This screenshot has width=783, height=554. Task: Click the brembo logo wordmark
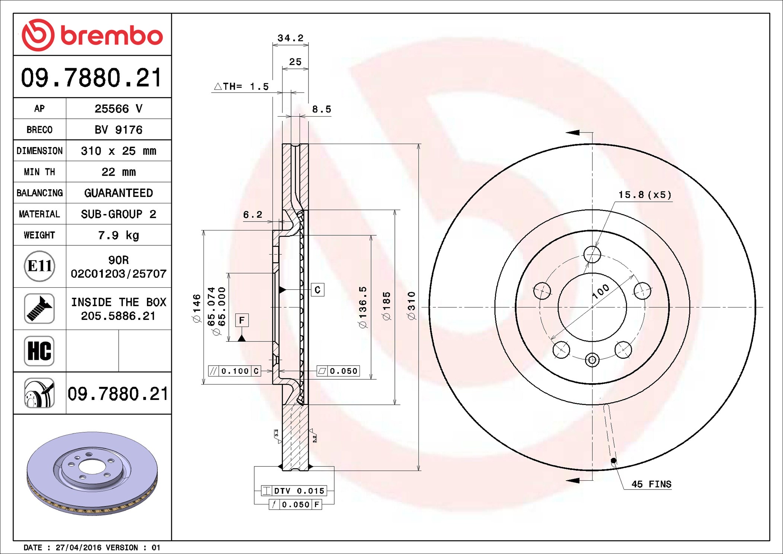coord(112,36)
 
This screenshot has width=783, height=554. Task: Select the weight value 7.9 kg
coord(118,235)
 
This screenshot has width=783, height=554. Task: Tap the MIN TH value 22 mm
coord(118,172)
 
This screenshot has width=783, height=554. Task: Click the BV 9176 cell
coord(118,130)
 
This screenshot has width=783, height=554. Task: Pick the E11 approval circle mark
coord(39,266)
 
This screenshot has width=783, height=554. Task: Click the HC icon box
coord(39,351)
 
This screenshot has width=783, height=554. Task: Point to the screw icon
coord(39,308)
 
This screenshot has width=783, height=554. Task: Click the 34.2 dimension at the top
coord(290,38)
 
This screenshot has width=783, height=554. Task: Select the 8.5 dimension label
coord(321,109)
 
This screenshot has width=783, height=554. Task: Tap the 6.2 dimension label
coord(253,215)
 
